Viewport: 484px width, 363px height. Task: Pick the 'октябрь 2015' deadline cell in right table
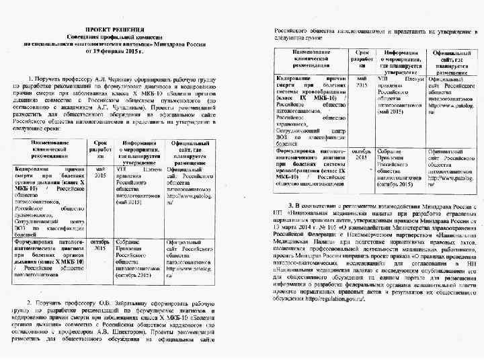point(362,155)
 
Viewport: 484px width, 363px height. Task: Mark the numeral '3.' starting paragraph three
point(289,204)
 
